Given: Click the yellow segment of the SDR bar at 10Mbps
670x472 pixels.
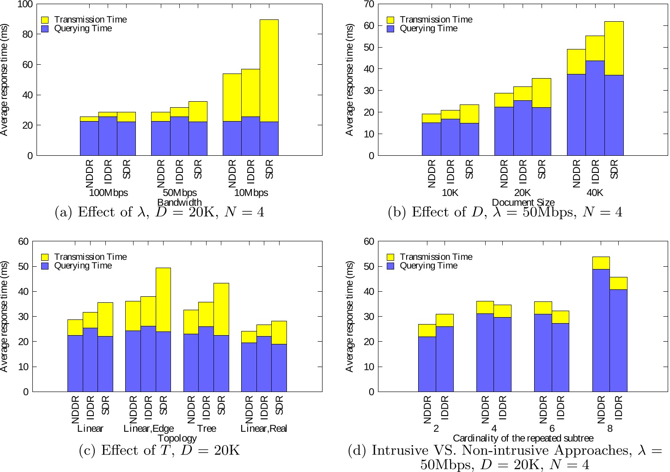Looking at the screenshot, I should [x=269, y=70].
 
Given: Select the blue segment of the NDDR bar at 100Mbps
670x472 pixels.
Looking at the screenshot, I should [x=89, y=138].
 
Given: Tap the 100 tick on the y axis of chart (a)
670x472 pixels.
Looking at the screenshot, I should [x=25, y=5].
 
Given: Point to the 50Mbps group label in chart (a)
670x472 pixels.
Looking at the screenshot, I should [x=180, y=193].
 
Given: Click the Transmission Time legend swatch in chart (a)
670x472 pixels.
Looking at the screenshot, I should [x=45, y=20].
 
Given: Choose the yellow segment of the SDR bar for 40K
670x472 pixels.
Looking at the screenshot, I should [x=614, y=48].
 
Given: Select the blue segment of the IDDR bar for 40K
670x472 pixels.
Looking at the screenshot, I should [x=595, y=108].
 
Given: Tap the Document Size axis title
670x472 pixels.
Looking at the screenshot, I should [x=523, y=202].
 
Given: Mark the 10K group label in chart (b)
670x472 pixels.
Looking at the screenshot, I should [x=450, y=193].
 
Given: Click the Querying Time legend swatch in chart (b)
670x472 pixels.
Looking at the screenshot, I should [x=390, y=29].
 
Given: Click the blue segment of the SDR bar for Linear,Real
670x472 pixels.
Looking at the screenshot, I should [x=279, y=368].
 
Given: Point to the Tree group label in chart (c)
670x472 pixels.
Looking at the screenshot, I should [x=207, y=429].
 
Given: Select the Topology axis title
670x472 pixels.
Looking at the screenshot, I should [x=177, y=438].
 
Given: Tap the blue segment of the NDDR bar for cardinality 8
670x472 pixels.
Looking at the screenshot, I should [x=601, y=331].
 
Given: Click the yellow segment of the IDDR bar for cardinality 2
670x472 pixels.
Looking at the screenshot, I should [x=445, y=320].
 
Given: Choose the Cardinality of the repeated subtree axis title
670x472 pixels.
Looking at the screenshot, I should [x=523, y=438].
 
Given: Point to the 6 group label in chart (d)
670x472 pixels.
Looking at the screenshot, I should [x=552, y=429].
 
